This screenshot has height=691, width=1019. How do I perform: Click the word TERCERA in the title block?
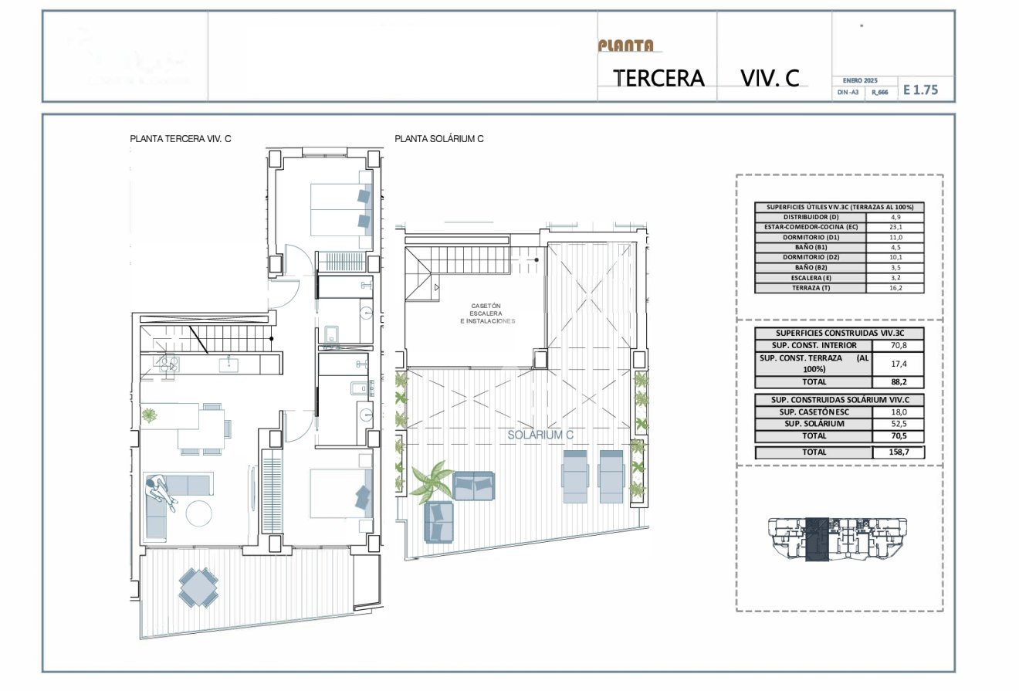pos(658,78)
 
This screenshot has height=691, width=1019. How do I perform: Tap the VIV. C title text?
pos(769,78)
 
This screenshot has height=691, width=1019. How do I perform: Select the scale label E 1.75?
pos(920,90)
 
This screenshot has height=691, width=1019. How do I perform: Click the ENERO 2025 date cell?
pos(859,80)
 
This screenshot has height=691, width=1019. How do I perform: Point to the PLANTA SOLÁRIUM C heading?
pos(438,139)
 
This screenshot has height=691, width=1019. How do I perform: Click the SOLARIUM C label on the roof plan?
pos(540,435)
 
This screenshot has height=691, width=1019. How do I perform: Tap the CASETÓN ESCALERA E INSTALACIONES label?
pos(487,313)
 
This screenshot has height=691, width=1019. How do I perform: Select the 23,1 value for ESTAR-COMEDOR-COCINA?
pos(895,228)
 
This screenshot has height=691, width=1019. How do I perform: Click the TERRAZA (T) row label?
pos(811,288)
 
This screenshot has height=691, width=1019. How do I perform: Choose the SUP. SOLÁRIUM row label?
pos(814,424)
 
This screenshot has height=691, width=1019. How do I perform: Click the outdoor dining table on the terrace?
pos(198,587)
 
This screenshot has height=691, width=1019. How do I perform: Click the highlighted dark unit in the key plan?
pos(816,538)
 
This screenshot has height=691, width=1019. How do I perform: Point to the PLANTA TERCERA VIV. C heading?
pos(181,139)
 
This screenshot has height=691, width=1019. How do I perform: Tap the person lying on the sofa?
pos(162,493)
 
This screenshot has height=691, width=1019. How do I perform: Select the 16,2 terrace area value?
pos(895,288)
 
